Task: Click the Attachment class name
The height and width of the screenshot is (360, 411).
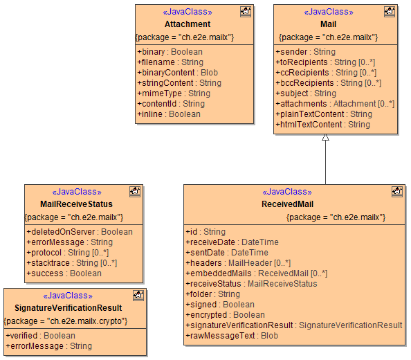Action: click(188, 24)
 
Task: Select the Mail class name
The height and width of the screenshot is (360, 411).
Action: click(328, 24)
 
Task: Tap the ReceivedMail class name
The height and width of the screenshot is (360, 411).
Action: click(287, 204)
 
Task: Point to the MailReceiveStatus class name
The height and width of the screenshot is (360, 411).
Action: click(76, 204)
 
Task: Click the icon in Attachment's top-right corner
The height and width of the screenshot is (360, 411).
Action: click(245, 11)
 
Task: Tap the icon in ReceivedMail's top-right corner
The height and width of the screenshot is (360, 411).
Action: click(396, 191)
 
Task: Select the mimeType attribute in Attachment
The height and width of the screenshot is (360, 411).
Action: click(174, 93)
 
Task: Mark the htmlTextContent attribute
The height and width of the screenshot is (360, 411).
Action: click(323, 125)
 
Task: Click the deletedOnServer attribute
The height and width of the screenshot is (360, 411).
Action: click(80, 232)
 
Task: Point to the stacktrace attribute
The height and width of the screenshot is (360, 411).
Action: click(72, 263)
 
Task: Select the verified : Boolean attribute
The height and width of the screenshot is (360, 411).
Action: click(41, 336)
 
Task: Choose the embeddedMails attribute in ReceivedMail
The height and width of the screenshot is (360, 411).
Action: click(257, 273)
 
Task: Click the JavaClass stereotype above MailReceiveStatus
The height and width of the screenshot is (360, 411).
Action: click(76, 192)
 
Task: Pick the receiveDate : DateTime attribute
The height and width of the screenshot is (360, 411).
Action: click(232, 242)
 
